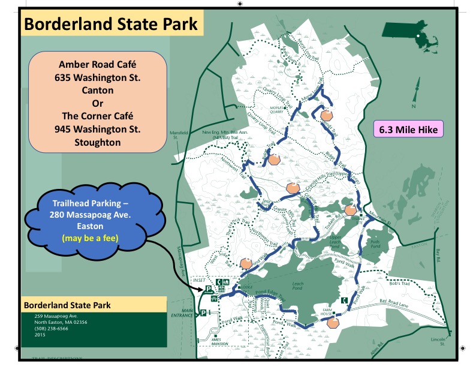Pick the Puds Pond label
pos(376,242)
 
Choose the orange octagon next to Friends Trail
pos(327,115)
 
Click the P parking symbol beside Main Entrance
pos(203,312)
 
